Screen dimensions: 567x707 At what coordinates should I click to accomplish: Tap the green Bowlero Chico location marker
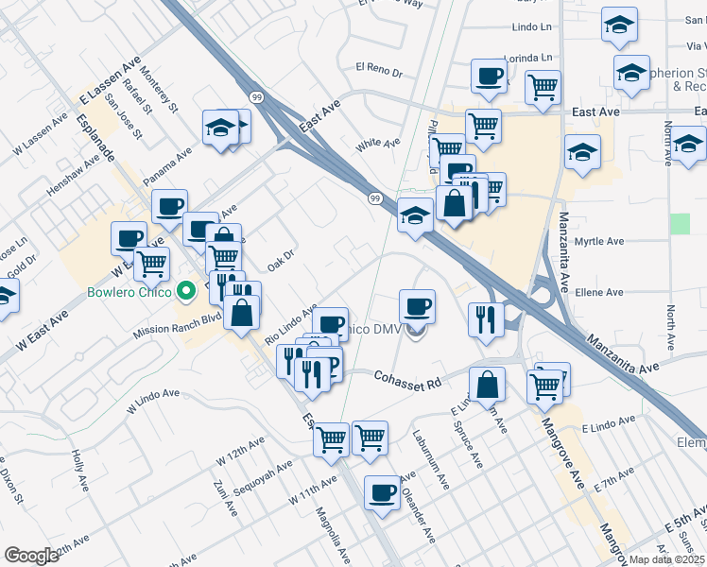click(187, 290)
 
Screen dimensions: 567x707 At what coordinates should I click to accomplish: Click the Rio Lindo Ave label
click(289, 322)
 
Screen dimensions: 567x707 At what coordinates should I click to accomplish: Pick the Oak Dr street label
click(282, 256)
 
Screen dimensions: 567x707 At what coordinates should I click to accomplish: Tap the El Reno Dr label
click(379, 69)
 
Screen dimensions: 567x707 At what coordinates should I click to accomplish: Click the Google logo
click(31, 555)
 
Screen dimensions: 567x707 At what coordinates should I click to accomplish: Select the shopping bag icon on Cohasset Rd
click(488, 385)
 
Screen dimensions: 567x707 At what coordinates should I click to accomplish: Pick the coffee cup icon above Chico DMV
click(417, 306)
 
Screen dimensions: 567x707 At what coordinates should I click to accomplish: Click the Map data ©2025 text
click(667, 559)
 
